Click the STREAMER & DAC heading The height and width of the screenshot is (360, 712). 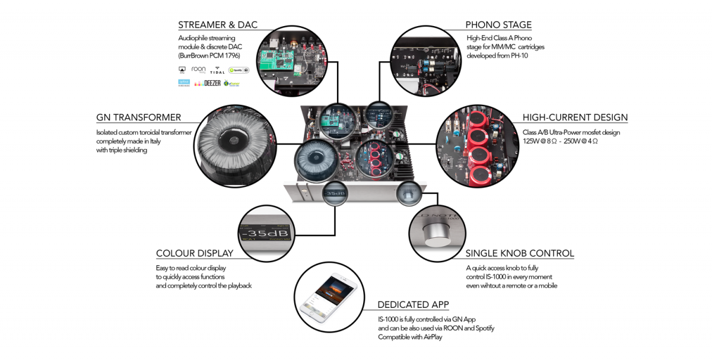218,25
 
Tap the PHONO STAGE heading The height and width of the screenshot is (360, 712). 498,25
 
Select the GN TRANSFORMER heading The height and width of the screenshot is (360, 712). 139,117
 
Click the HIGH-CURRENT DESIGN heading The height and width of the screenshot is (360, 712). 575,117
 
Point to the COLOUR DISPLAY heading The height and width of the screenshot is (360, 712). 195,253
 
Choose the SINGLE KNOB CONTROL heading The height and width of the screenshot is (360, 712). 520,253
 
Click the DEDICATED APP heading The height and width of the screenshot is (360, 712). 413,305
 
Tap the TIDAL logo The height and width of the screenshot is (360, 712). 217,71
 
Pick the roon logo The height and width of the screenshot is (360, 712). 199,69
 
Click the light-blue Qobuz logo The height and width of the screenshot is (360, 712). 183,84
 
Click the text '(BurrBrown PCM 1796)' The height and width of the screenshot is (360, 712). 209,55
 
